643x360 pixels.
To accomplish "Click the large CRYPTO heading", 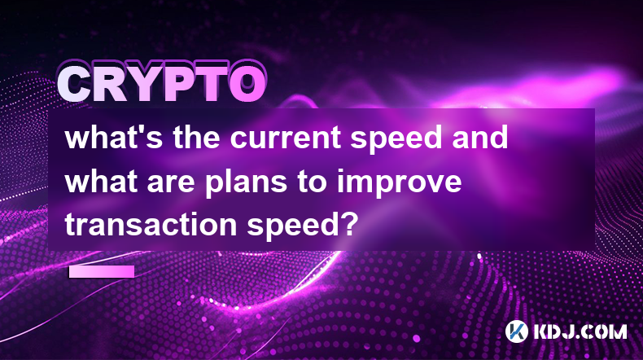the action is [x=162, y=83].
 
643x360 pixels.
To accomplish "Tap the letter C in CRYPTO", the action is [x=76, y=85].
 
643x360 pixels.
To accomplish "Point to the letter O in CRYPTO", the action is [x=247, y=85].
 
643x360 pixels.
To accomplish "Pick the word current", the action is [x=285, y=137].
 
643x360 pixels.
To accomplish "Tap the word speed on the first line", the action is [x=396, y=138].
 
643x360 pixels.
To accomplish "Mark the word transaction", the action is [x=151, y=226].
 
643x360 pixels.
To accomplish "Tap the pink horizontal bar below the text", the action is [x=102, y=271].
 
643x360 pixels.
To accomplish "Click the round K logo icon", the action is [x=516, y=331].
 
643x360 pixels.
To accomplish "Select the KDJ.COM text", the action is [x=580, y=331].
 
